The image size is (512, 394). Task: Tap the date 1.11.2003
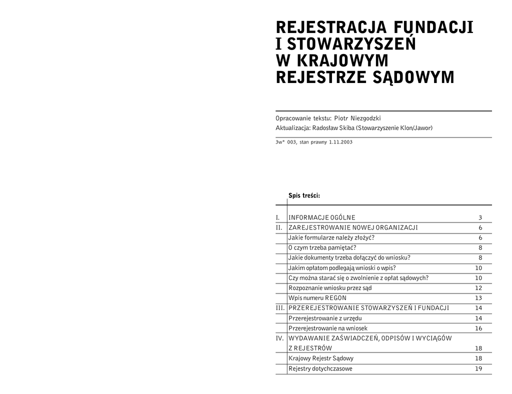(x=340, y=142)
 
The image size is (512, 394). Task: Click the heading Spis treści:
(x=303, y=195)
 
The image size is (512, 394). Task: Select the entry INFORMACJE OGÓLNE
(x=321, y=217)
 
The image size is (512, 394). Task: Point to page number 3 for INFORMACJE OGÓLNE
(x=480, y=217)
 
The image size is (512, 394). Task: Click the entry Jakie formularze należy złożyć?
(x=331, y=237)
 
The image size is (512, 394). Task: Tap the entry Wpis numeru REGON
(x=317, y=298)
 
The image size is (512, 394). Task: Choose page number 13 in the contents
(x=478, y=298)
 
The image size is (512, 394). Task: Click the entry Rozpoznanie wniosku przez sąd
(x=330, y=288)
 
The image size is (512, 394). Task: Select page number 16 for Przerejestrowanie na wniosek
(x=478, y=328)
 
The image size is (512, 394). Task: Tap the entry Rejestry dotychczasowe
(x=320, y=368)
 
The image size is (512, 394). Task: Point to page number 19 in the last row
(x=478, y=368)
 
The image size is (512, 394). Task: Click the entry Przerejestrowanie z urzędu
(x=325, y=318)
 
